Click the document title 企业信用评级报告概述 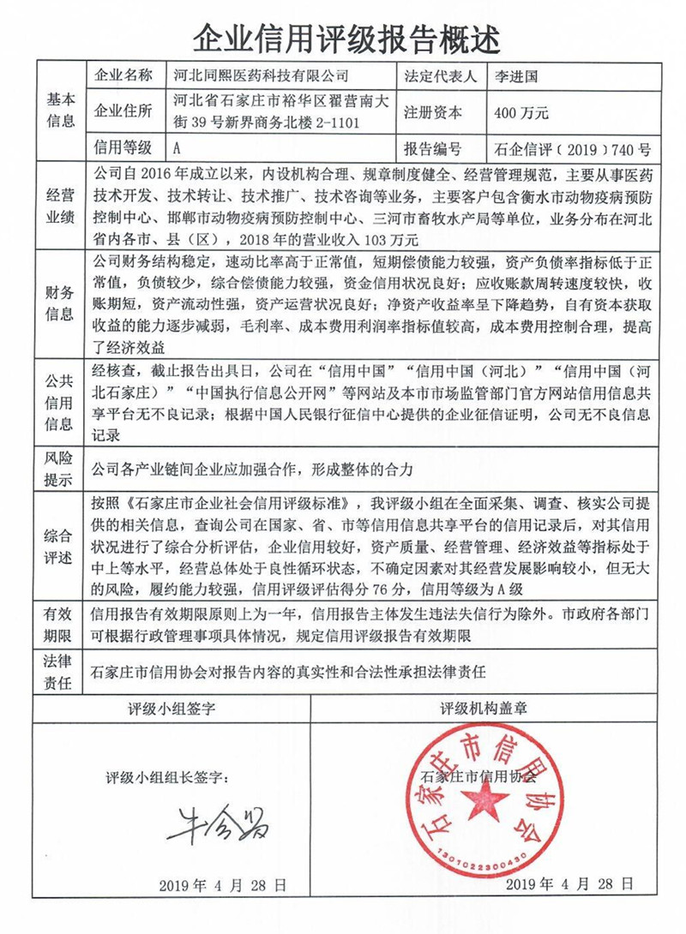click(343, 36)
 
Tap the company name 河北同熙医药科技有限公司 click(256, 75)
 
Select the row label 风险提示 click(60, 469)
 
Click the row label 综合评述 click(60, 546)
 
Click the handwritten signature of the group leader click(216, 823)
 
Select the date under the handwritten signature click(222, 885)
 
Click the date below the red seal click(569, 885)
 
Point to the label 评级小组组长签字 click(168, 777)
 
